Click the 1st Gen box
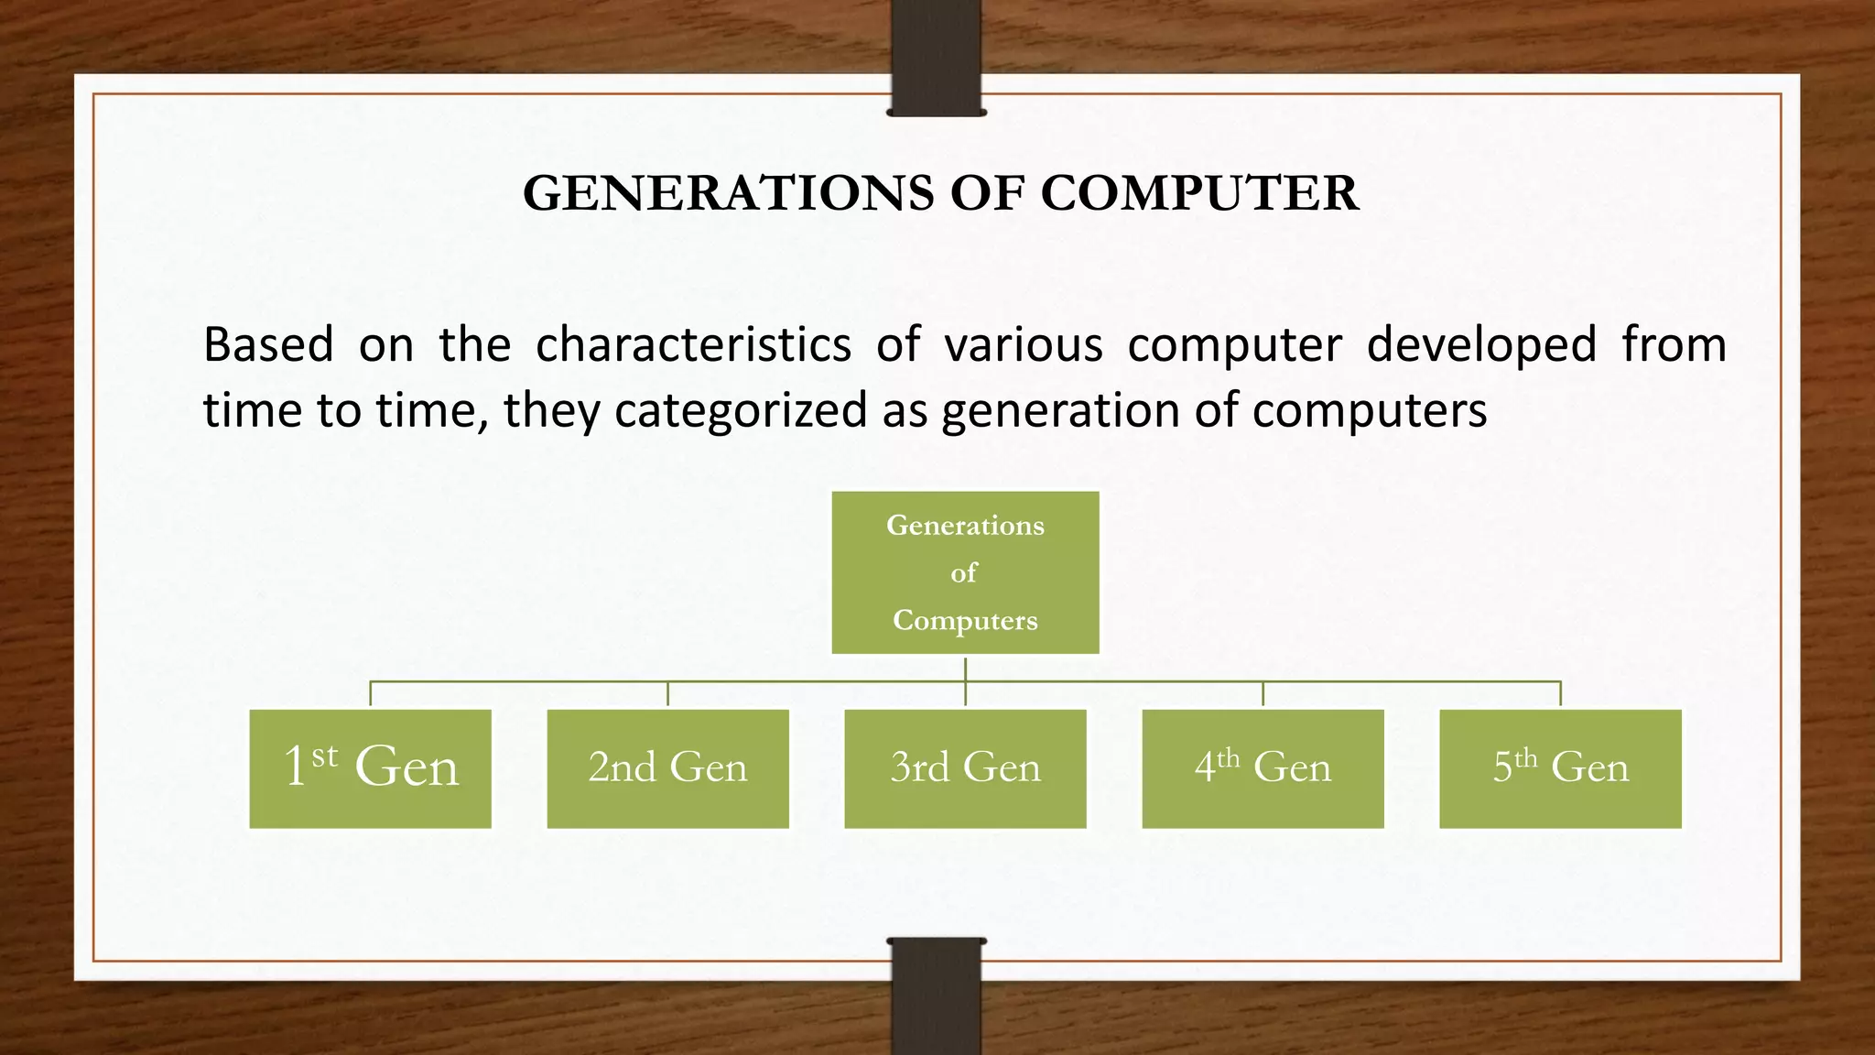370,768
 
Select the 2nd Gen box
667,768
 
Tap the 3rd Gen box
965,768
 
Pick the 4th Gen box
1263,768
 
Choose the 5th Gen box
1560,768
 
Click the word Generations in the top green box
965,526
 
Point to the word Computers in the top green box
965,621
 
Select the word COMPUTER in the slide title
1199,194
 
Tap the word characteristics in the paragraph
693,346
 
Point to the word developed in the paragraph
1481,346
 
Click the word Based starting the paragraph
268,346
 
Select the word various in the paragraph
1023,346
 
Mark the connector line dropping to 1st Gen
370,694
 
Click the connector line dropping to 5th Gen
1560,694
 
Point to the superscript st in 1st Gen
324,756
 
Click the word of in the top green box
963,573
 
